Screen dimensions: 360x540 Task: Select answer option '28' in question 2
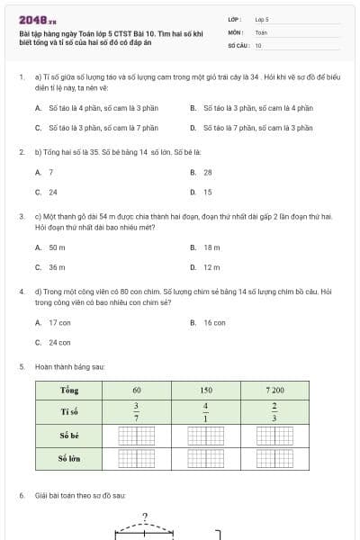click(x=207, y=172)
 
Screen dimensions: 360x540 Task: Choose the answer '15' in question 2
click(x=207, y=192)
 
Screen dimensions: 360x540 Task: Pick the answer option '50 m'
click(x=57, y=247)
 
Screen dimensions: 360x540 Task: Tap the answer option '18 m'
click(x=211, y=247)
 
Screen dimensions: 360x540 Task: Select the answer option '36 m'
click(x=57, y=267)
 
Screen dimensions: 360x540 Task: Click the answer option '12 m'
click(x=211, y=267)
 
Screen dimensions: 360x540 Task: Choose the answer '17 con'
click(x=59, y=322)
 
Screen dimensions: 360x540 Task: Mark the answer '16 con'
click(x=214, y=322)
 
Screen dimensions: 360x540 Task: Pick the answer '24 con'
click(x=59, y=342)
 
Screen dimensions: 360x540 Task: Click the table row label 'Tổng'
click(x=69, y=391)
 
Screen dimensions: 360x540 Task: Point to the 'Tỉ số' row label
click(x=69, y=411)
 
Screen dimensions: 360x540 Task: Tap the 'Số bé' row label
click(x=69, y=436)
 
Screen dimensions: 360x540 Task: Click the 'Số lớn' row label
click(x=69, y=458)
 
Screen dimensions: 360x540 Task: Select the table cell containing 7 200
click(x=274, y=391)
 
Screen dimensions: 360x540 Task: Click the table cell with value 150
click(x=206, y=391)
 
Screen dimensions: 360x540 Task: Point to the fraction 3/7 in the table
click(x=137, y=411)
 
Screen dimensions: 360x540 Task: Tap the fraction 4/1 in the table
click(x=206, y=411)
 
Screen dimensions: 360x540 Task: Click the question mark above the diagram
click(x=144, y=517)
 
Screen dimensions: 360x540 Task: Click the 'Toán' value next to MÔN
click(x=261, y=31)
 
